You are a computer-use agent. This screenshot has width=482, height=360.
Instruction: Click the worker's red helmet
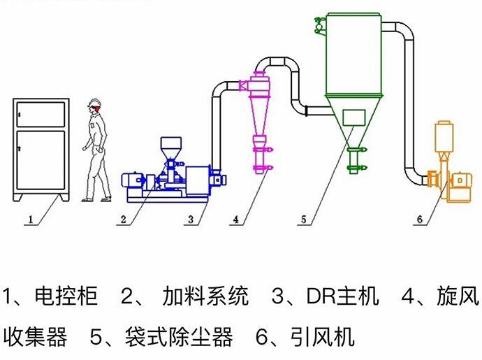[94, 106]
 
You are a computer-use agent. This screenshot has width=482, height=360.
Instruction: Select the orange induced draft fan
[447, 182]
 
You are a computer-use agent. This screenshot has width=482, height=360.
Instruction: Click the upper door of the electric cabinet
[41, 112]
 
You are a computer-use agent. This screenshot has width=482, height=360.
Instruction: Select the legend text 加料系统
[205, 296]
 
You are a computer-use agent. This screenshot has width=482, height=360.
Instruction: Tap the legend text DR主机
[342, 296]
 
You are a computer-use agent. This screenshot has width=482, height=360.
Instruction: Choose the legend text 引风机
[322, 338]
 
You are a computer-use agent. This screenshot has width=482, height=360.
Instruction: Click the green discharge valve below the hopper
[356, 159]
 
